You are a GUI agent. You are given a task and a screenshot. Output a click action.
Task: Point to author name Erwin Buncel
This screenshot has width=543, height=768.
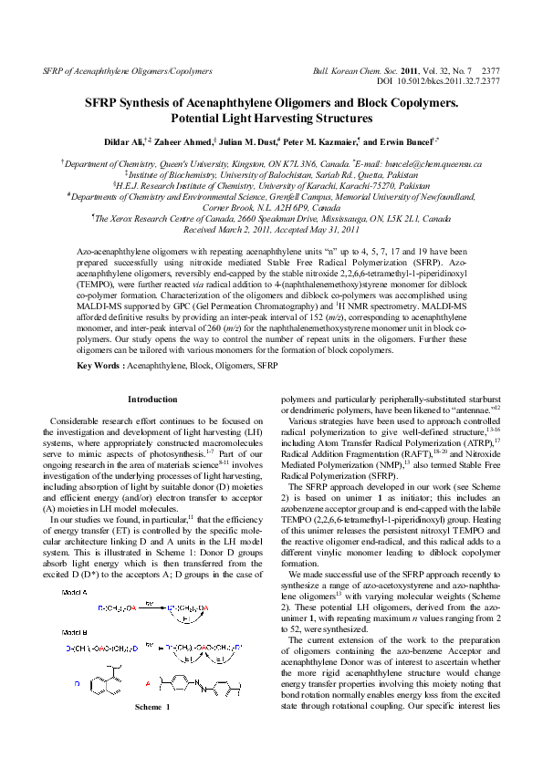coord(415,143)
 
